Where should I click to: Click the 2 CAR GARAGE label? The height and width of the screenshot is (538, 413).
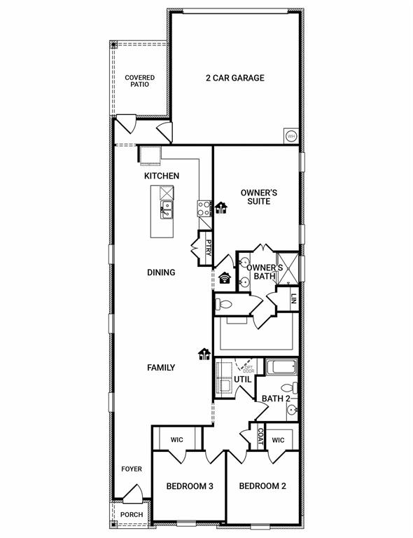click(x=234, y=78)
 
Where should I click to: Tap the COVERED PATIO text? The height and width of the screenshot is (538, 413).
click(x=139, y=81)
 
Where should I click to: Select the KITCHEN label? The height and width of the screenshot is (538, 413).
click(x=162, y=176)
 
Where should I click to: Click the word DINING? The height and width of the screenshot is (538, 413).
click(x=161, y=273)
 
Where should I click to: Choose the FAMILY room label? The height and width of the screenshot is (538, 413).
click(x=161, y=367)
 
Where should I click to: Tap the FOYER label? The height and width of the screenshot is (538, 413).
click(x=132, y=469)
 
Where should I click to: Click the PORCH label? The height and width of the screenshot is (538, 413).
click(x=132, y=515)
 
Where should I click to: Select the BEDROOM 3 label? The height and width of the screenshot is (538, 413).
click(x=190, y=486)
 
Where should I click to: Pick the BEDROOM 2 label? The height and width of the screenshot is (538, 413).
click(x=262, y=486)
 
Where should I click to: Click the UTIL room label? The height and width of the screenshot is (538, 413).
click(x=242, y=379)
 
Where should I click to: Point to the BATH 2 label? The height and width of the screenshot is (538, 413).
click(x=276, y=399)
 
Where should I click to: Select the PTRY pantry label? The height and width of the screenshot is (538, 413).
click(x=209, y=249)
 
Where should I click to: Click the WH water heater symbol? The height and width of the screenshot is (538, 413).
click(x=290, y=135)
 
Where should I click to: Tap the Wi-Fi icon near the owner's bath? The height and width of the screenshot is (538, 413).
click(x=225, y=277)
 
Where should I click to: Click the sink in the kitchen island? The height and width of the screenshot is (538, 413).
click(x=167, y=209)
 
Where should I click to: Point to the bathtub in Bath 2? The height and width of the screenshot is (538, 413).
click(x=281, y=367)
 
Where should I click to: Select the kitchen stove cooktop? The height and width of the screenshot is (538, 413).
click(x=204, y=207)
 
